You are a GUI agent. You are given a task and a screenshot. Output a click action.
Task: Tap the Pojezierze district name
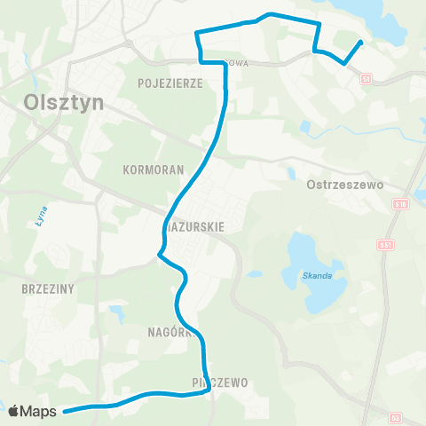pos(171,83)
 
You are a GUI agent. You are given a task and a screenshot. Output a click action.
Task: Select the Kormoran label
pos(154,168)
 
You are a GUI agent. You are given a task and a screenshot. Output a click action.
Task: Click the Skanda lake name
pos(317,275)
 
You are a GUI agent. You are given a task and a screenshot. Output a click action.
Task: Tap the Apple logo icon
pos(15,411)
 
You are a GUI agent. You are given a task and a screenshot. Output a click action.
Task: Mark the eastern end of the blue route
pos(360,42)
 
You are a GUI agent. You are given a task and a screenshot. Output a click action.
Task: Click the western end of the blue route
pos(66,409)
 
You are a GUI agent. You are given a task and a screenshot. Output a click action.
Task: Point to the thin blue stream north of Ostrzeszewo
pos(355,130)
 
